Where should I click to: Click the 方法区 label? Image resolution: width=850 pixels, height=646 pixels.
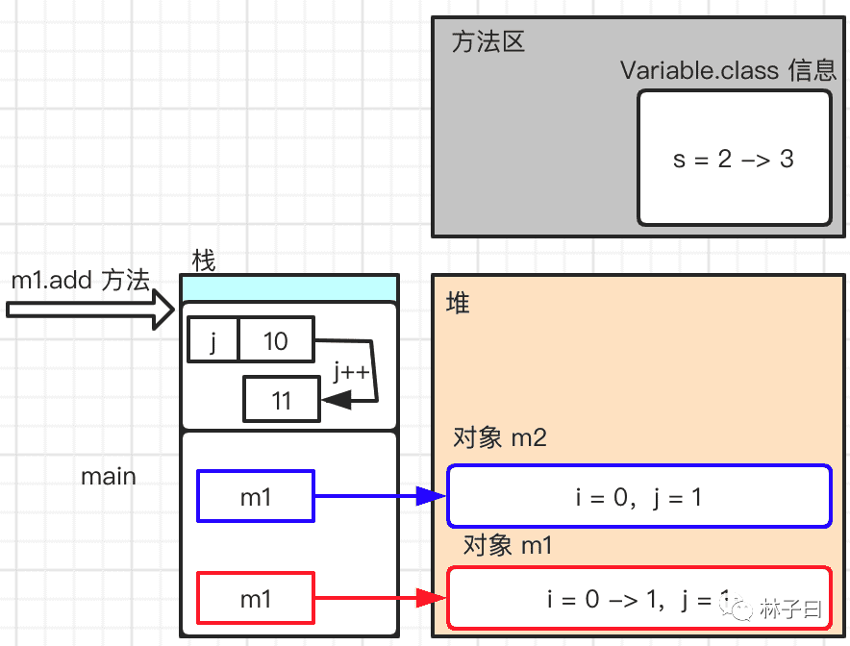(x=488, y=43)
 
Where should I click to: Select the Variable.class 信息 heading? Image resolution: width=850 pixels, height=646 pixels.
(x=728, y=71)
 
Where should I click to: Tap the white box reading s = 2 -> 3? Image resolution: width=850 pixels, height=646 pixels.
(x=734, y=159)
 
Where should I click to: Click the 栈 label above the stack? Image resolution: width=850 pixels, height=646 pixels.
(x=203, y=261)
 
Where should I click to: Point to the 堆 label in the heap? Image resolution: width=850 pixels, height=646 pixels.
(x=458, y=304)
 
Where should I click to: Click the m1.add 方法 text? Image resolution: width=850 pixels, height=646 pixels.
(x=81, y=281)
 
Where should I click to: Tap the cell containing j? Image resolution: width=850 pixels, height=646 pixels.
(x=212, y=340)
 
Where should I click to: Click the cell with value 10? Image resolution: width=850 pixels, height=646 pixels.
(x=276, y=340)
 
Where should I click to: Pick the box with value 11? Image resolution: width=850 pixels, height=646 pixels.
(x=281, y=399)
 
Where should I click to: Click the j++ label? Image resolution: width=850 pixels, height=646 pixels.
(x=352, y=372)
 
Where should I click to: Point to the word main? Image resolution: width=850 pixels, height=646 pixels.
(x=109, y=477)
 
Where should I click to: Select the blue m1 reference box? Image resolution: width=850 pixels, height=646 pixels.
(x=256, y=496)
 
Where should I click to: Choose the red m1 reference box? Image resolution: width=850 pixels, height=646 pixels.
(x=256, y=599)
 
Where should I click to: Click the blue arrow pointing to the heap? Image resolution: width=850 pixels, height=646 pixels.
(x=380, y=496)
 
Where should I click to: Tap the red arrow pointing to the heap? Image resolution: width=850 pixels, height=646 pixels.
(x=380, y=599)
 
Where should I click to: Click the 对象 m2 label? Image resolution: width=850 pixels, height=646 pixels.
(x=500, y=438)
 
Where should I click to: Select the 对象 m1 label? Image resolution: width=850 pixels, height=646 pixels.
(x=508, y=546)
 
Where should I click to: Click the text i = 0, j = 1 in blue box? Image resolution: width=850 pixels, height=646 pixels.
(x=638, y=497)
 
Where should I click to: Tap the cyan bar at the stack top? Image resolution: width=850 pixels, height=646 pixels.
(x=289, y=287)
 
